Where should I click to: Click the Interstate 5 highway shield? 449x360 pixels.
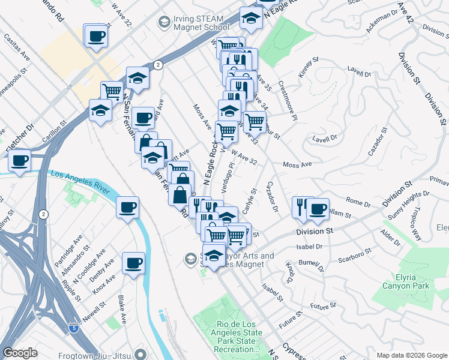tap(73, 328)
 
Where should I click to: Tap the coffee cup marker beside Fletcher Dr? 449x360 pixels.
tap(20, 161)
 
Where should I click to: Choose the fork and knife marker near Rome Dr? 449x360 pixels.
tap(301, 206)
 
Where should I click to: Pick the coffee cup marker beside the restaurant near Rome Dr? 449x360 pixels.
tap(318, 209)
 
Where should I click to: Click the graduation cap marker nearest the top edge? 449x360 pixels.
tap(250, 18)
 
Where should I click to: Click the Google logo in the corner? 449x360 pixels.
tap(20, 353)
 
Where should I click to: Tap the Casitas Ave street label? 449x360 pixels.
tap(17, 47)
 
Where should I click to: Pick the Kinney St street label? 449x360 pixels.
tap(310, 69)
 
